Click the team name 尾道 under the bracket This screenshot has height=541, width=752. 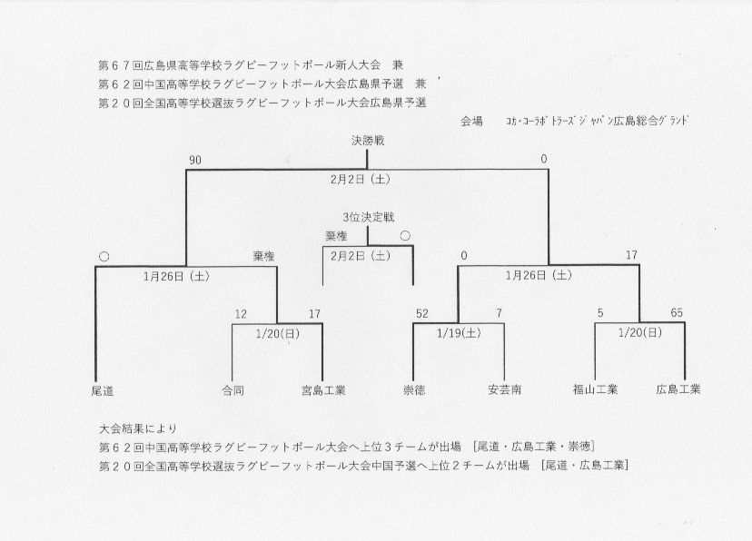103,391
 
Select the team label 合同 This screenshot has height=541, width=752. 233,390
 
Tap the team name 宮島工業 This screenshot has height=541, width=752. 323,390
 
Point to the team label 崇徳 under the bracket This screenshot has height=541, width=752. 414,390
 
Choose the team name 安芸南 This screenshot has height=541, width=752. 505,389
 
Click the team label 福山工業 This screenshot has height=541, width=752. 595,389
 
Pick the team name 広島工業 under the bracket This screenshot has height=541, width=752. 678,389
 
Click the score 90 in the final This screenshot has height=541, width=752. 195,160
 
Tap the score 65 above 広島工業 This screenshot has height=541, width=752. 677,313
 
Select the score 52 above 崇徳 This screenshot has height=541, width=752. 422,314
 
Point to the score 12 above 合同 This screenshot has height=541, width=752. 241,314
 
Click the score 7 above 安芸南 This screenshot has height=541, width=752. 500,313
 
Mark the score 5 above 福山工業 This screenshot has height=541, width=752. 600,313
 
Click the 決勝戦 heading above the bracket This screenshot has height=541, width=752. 368,141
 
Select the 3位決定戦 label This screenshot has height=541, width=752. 369,217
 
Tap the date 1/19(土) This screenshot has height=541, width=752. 459,333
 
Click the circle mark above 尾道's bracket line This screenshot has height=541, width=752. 104,256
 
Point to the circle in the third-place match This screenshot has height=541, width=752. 405,236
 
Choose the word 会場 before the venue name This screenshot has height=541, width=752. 471,122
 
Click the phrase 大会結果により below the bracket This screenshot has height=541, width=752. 138,428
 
